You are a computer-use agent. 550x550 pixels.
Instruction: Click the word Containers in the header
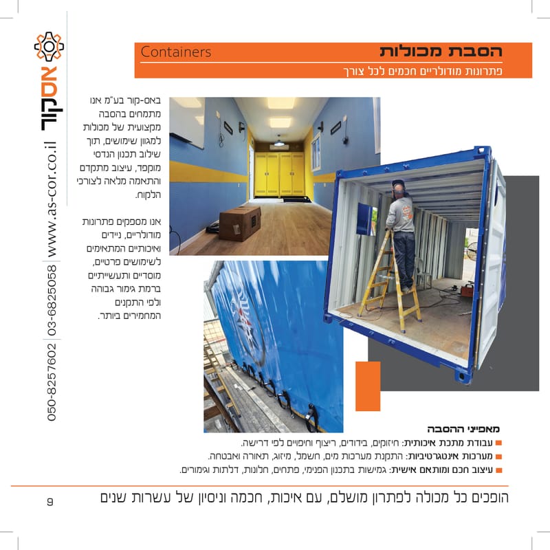pos(175,52)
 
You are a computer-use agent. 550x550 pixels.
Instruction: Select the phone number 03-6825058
pos(52,300)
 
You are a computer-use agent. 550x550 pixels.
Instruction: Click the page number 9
pos(50,500)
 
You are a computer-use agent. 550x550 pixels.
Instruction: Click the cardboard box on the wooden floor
pos(239,223)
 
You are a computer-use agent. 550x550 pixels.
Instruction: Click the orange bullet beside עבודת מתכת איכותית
pos(498,443)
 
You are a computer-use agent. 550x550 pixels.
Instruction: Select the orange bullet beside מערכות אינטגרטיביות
pos(498,456)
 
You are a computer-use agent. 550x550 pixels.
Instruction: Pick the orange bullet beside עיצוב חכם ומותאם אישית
pos(498,470)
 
